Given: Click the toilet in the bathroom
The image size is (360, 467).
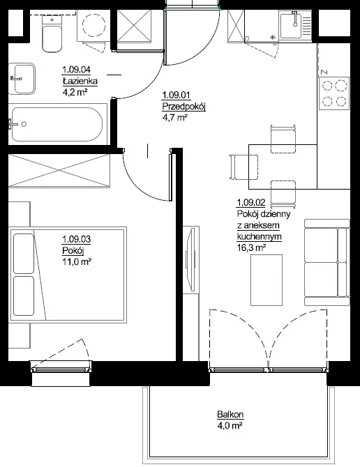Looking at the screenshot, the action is [52, 33].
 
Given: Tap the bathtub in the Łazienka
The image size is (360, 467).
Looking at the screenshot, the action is [57, 124].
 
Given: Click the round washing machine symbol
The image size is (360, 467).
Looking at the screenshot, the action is [94, 26].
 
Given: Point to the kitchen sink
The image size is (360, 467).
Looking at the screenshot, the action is [295, 25].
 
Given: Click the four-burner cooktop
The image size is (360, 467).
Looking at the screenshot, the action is [333, 93].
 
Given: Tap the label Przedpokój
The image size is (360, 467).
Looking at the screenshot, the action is [184, 107].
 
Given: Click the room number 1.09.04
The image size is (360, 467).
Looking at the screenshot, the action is [76, 70].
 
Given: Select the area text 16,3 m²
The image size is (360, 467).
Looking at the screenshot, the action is [252, 247].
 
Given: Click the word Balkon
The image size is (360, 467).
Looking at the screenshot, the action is [230, 414].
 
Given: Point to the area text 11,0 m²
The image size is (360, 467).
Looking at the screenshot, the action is [77, 262].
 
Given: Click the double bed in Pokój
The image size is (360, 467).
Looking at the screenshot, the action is [68, 275].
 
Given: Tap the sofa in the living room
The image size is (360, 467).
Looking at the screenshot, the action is [327, 262].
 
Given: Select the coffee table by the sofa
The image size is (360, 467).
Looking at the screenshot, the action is [266, 280].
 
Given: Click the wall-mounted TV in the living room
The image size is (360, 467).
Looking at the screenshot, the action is [190, 259].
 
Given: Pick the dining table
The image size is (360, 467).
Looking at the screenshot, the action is [283, 167].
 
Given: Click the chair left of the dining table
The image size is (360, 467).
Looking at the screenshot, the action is [243, 167].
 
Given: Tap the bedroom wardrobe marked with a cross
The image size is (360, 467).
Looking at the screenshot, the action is [59, 171].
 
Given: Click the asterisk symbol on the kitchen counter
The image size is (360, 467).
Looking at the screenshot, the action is [272, 38].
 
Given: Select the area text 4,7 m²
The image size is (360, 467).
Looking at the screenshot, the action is [174, 118].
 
